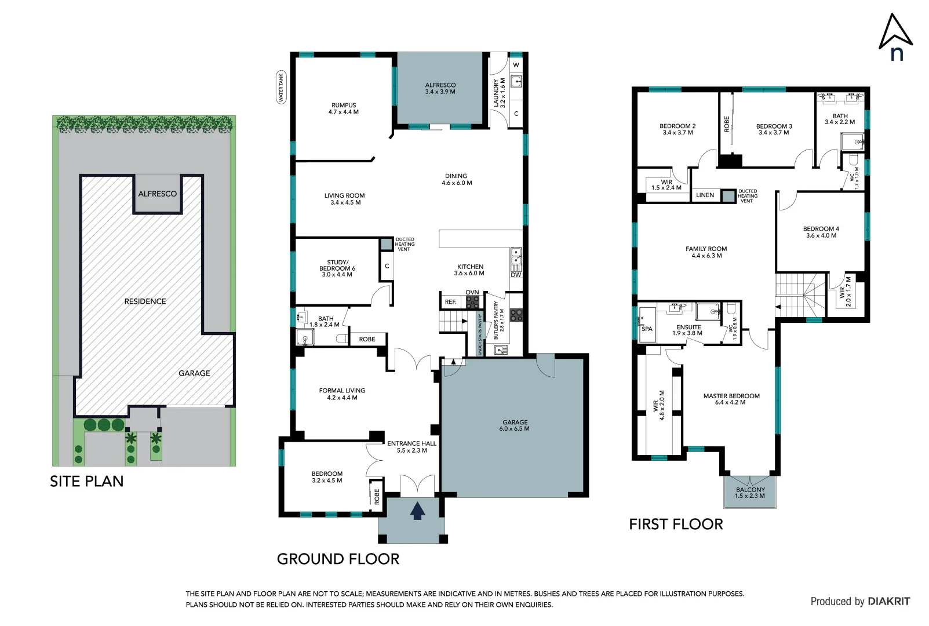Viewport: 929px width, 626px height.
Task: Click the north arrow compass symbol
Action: point(895,37)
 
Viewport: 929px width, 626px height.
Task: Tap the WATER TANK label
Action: point(281,88)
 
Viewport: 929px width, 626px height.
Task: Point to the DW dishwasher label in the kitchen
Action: point(516,275)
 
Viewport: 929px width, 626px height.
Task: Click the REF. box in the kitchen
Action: point(450,302)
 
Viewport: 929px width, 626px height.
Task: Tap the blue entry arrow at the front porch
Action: point(417,511)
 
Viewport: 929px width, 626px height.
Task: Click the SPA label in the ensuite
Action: point(647,329)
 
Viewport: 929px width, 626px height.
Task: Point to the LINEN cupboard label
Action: point(705,195)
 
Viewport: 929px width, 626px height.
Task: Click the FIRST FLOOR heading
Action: point(676,524)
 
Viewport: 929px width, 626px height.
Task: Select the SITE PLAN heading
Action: point(86,481)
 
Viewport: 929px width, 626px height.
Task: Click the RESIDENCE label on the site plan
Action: point(145,301)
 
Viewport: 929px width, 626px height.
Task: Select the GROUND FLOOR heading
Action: point(338,559)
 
